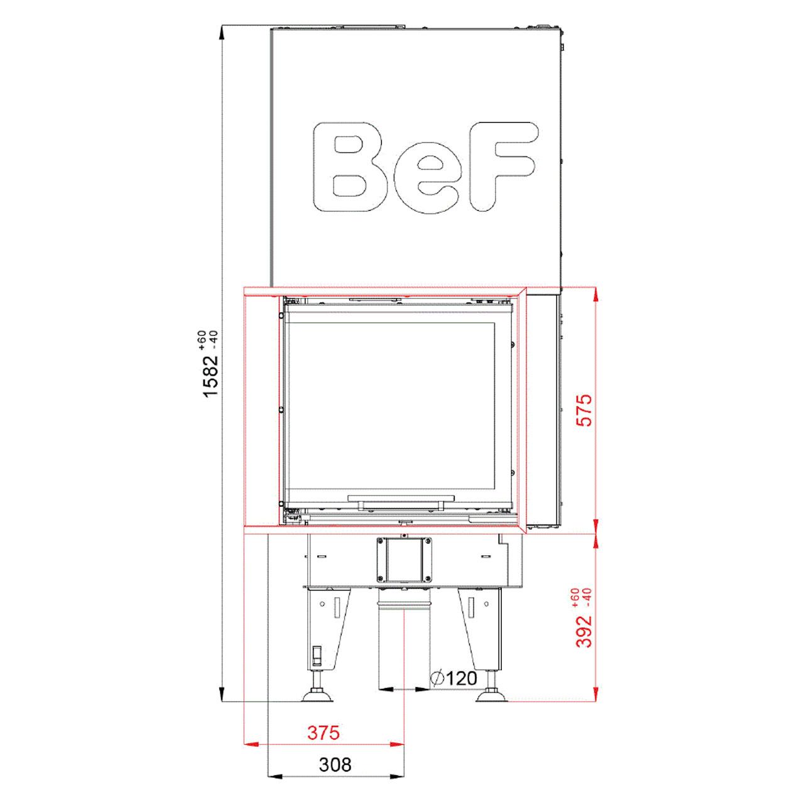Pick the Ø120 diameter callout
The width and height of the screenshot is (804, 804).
coord(454,678)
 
